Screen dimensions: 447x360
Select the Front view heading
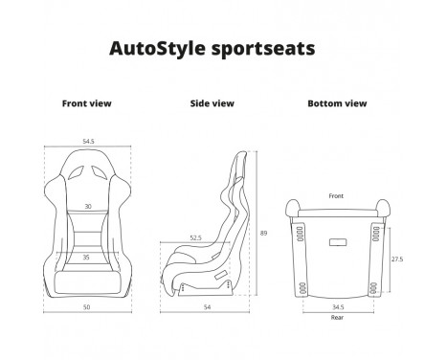86,102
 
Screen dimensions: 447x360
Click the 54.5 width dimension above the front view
88,141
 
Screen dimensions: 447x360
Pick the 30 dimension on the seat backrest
87,207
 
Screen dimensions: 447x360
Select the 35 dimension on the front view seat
87,257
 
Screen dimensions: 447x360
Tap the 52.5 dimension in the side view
195,238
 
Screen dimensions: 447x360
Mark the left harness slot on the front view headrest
74,173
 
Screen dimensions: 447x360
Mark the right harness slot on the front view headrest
101,173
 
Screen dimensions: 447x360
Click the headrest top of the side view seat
241,155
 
